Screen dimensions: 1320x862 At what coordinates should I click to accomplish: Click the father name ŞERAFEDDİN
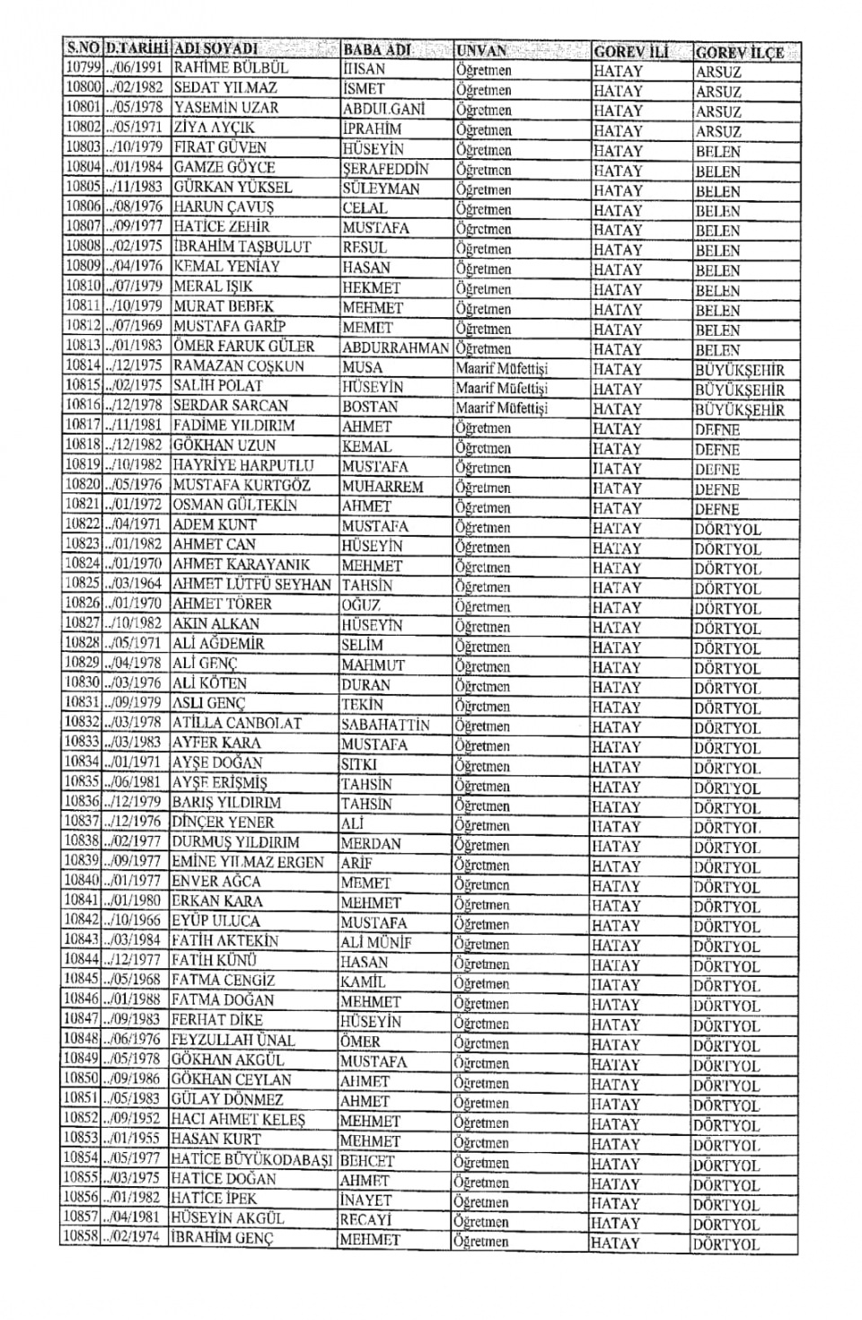click(385, 169)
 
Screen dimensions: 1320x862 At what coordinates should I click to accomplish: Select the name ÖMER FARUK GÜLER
click(243, 347)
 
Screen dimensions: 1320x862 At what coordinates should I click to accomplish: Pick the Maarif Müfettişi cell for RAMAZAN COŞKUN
click(501, 368)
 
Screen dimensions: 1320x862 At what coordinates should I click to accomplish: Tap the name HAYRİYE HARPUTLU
click(243, 465)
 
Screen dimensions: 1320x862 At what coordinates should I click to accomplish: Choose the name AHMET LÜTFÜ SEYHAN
click(251, 585)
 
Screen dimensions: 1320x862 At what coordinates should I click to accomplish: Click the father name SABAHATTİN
click(385, 725)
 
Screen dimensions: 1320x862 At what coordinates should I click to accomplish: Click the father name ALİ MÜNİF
click(376, 942)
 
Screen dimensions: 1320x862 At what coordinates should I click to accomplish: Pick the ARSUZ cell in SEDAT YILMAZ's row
click(718, 92)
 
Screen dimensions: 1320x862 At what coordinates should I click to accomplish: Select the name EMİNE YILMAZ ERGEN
click(247, 862)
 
